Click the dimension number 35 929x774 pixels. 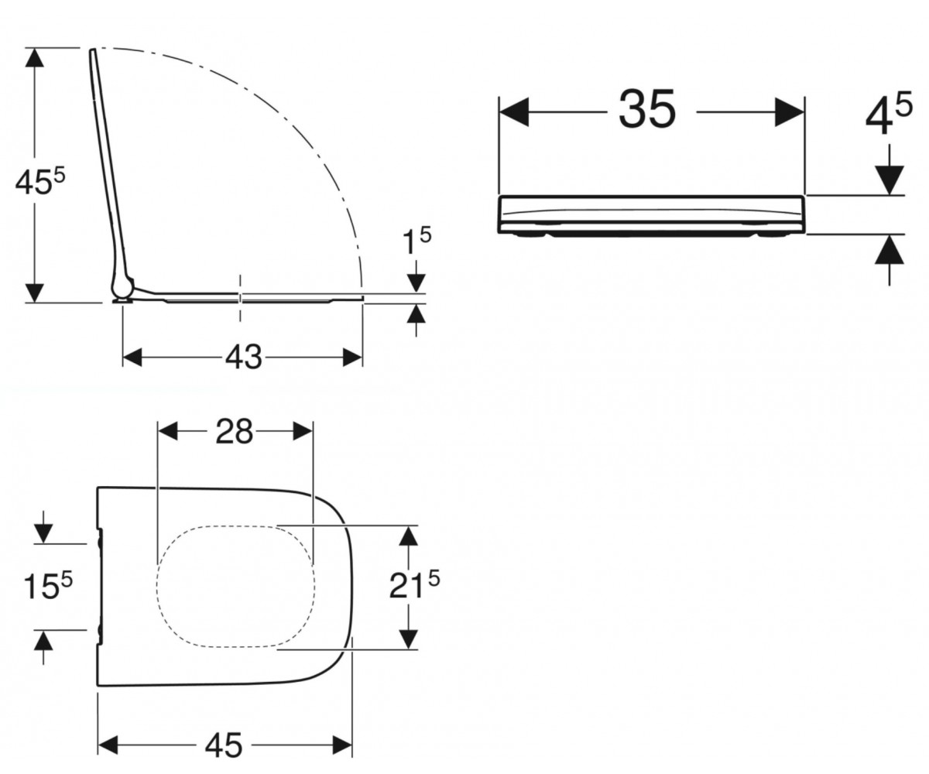(647, 108)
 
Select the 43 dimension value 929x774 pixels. (243, 357)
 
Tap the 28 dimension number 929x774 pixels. (234, 431)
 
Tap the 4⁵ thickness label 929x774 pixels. (889, 114)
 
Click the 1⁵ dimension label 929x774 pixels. (417, 241)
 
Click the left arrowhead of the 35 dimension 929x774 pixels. (514, 112)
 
